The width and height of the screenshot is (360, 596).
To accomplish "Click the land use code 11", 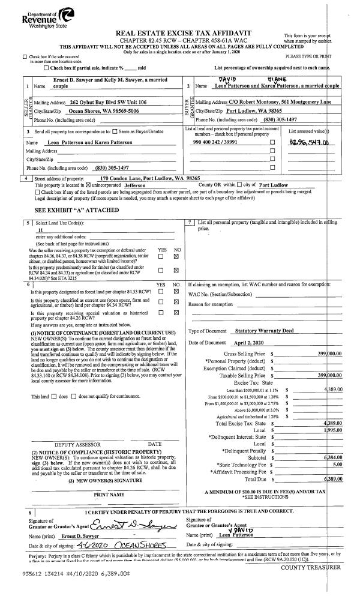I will pos(41,230).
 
